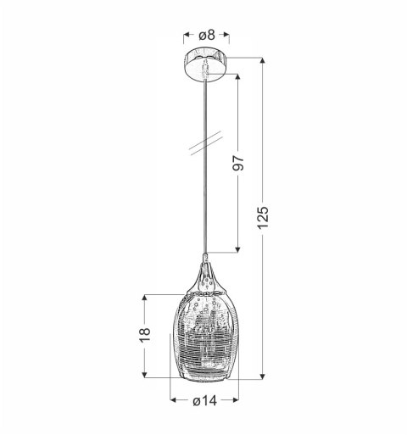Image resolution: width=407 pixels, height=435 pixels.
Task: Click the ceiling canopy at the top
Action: point(204,64)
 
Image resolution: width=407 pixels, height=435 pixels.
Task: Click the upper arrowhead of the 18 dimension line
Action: point(150,298)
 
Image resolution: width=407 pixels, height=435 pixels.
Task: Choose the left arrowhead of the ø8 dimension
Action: point(186,36)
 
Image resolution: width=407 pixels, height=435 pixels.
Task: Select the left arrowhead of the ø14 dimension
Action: point(172,401)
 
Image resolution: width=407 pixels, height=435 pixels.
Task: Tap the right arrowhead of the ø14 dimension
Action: point(236,401)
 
